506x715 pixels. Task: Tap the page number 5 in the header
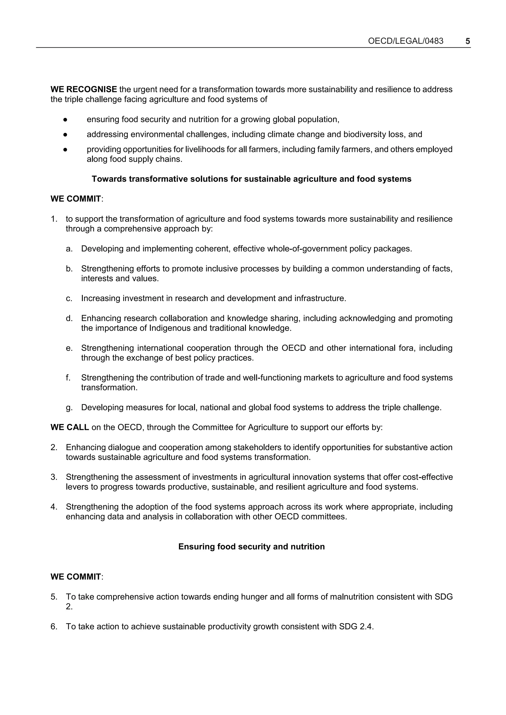tap(467, 41)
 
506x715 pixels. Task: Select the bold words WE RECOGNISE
tap(84, 89)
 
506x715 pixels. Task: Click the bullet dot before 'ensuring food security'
tap(65, 120)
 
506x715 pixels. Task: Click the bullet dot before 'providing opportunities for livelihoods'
tap(65, 150)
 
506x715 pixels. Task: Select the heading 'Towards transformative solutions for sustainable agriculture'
tap(251, 179)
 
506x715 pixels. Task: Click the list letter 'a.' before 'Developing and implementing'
tap(69, 249)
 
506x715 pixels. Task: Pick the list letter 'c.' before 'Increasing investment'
tap(69, 298)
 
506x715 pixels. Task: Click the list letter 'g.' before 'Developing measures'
tap(69, 408)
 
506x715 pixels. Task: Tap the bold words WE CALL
tap(70, 427)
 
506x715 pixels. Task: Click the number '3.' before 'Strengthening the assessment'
tap(54, 477)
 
